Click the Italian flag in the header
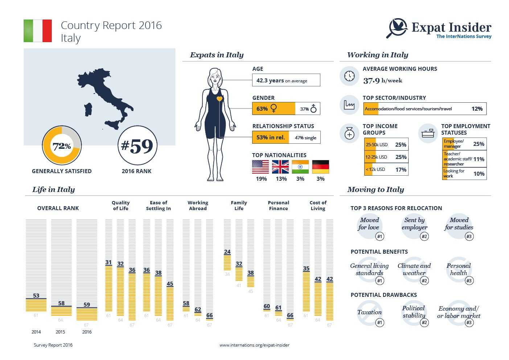tap(38, 31)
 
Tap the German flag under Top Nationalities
tap(320, 167)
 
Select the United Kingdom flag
tap(280, 167)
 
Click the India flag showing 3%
tap(300, 167)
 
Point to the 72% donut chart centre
tap(62, 146)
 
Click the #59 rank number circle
tap(137, 146)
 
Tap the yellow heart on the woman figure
tap(219, 99)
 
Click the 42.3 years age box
tap(286, 80)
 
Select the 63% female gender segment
tap(274, 109)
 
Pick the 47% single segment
tap(305, 138)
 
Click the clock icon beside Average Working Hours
tap(349, 76)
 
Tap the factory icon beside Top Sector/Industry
tap(349, 105)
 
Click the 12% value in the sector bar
tap(477, 109)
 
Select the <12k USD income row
tap(386, 169)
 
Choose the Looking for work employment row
tap(464, 173)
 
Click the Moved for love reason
tap(369, 224)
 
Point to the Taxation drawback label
tap(369, 312)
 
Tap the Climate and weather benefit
tap(414, 269)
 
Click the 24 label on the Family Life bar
tap(227, 251)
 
